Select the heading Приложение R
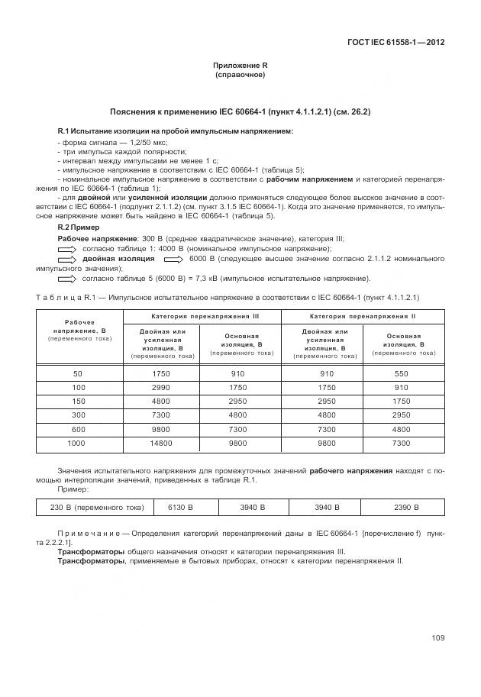(240, 66)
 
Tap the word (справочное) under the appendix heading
(240, 76)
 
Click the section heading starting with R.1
(175, 131)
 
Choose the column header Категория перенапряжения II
(363, 315)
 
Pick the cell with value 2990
(161, 388)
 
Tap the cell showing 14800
(161, 443)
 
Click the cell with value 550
(401, 373)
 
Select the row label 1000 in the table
(76, 443)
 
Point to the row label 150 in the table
(76, 402)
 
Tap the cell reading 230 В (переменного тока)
(91, 507)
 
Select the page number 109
(437, 638)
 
